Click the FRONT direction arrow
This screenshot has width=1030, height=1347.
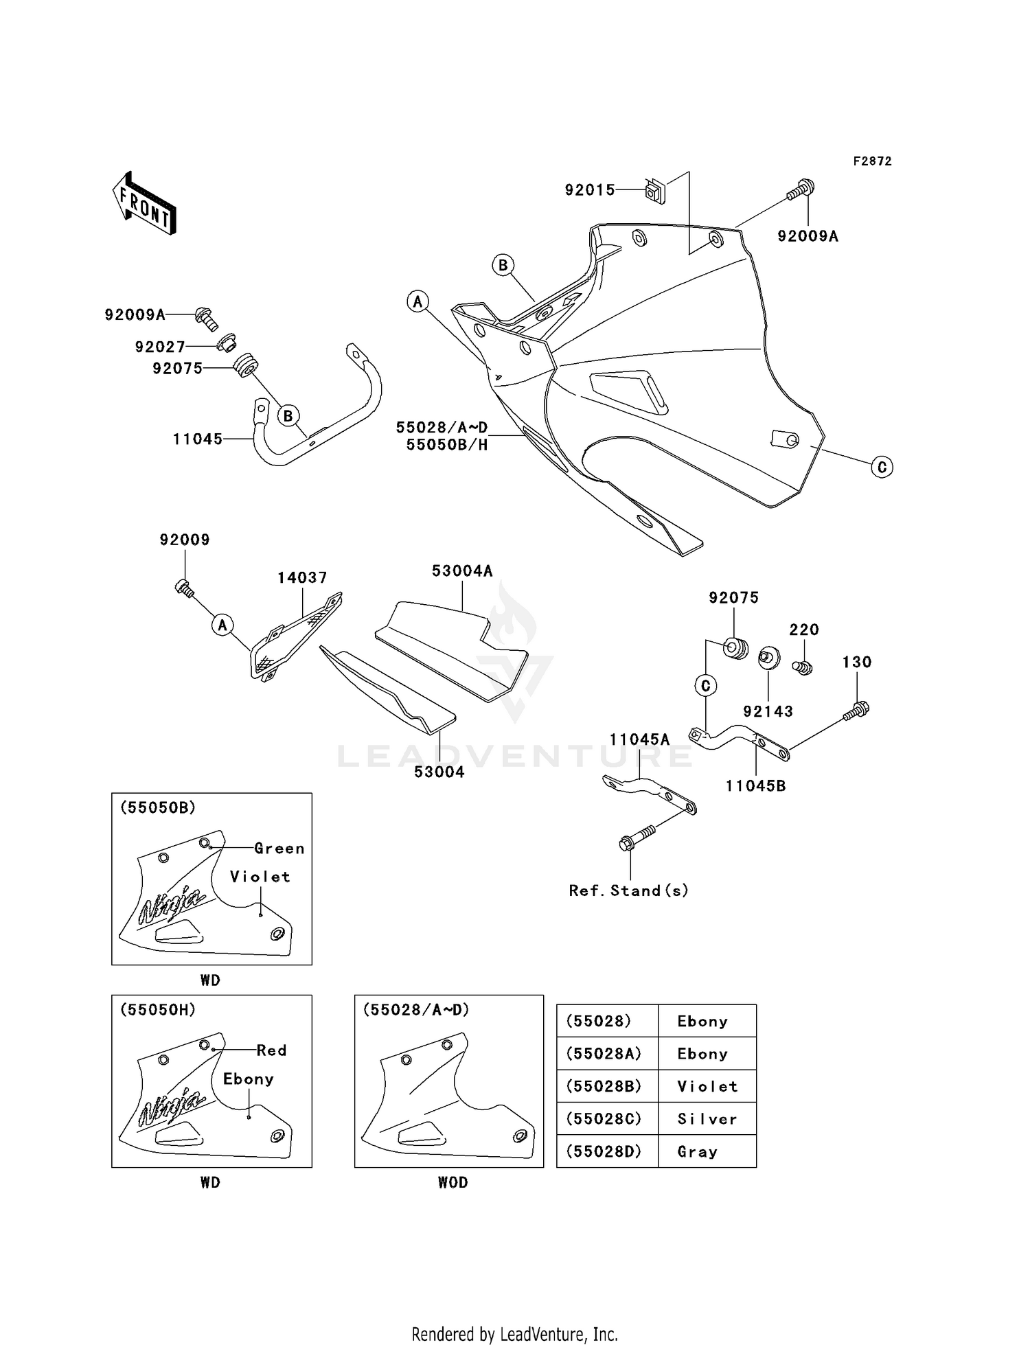[x=145, y=204]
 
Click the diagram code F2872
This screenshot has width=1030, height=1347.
[x=872, y=161]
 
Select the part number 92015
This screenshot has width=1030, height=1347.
[x=590, y=190]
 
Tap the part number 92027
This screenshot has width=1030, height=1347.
[x=160, y=347]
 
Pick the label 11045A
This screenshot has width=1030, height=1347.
[x=639, y=739]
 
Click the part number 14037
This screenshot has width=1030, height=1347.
[x=302, y=578]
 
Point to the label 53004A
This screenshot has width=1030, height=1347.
[x=462, y=571]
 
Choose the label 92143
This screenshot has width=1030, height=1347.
[x=768, y=712]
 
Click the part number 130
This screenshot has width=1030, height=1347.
[x=857, y=663]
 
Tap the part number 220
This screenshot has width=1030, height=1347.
[x=804, y=630]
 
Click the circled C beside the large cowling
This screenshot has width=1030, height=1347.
[x=882, y=468]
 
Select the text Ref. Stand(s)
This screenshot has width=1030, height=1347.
[x=628, y=891]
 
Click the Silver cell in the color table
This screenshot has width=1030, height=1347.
[x=707, y=1120]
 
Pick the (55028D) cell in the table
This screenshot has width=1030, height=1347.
[x=604, y=1152]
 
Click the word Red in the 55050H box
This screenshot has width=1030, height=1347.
[x=271, y=1050]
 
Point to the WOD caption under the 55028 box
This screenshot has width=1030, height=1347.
[x=453, y=1182]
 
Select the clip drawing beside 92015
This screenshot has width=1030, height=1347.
[x=655, y=192]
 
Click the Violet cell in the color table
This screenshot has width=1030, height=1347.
[x=707, y=1087]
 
